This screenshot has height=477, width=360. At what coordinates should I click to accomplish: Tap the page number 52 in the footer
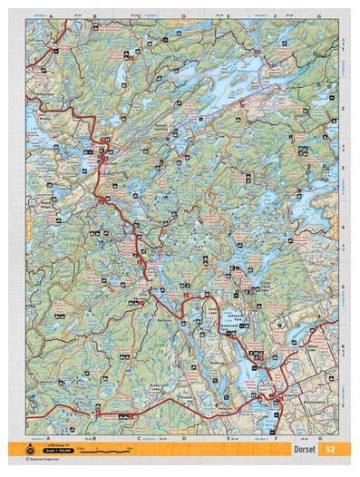coord(331,449)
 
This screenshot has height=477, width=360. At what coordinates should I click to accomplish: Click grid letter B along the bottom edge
coord(96,437)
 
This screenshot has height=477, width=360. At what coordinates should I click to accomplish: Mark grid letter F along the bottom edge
coord(273,437)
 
